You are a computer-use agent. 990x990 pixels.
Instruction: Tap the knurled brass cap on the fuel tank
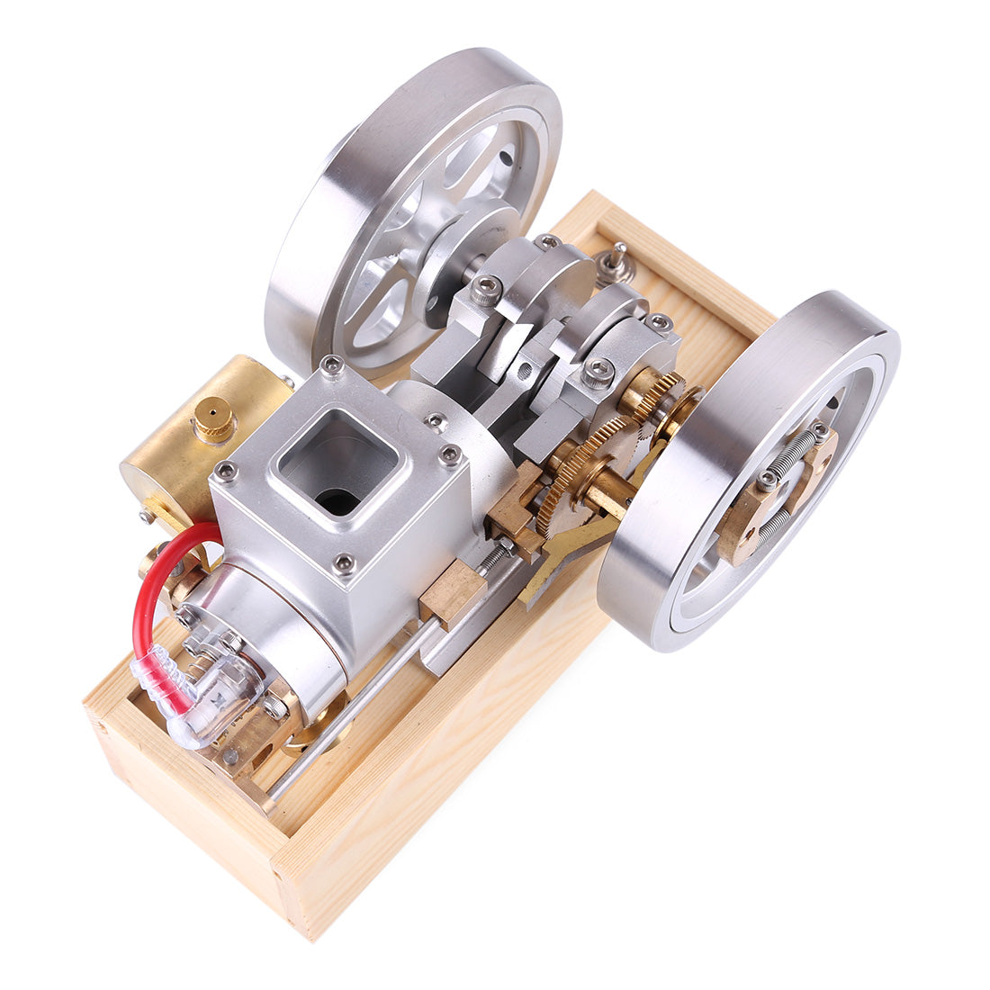[214, 418]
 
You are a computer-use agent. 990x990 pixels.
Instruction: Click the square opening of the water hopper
[337, 463]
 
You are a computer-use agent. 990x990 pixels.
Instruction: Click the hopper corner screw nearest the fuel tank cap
[224, 470]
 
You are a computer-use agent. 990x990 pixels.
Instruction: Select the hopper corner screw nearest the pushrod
[343, 564]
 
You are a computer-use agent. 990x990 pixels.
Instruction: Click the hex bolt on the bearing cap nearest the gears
[597, 368]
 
